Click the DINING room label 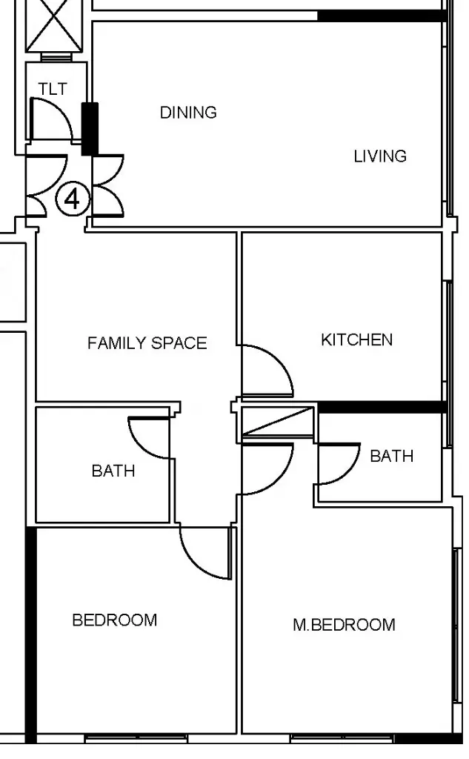click(188, 113)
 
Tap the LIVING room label click(380, 156)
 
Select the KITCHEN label click(356, 339)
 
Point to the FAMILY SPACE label click(147, 342)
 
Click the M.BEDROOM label click(344, 624)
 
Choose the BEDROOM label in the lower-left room click(115, 620)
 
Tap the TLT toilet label click(53, 89)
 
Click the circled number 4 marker click(73, 199)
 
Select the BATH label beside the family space click(113, 471)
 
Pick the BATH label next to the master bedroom click(391, 456)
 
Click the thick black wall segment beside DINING click(90, 129)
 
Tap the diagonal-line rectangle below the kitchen click(277, 422)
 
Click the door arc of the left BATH click(138, 443)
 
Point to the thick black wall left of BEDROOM click(30, 634)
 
